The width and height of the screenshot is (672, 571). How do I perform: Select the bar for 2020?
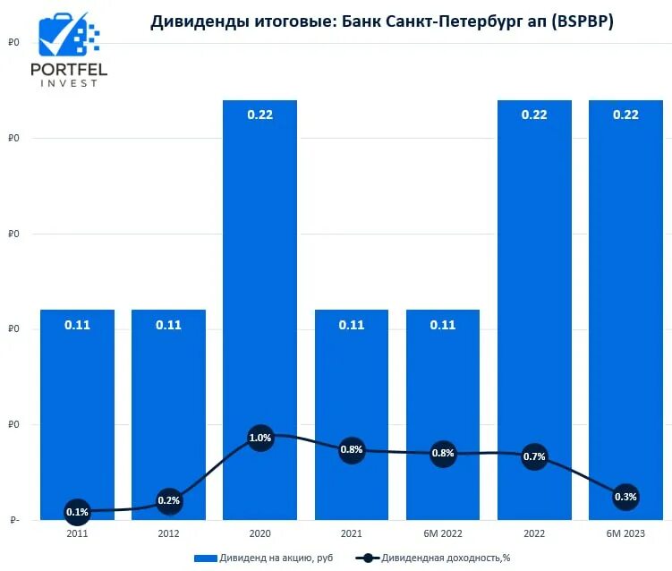click(259, 268)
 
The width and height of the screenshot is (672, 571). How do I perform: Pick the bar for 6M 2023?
click(625, 268)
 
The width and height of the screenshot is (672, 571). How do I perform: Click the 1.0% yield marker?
click(259, 439)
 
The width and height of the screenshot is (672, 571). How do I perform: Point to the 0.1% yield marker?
click(77, 512)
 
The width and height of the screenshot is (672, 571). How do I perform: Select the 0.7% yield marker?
click(534, 456)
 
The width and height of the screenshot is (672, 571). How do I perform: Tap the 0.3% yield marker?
click(625, 497)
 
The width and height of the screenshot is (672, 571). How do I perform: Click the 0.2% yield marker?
click(168, 501)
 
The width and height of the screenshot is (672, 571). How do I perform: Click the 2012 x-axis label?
click(168, 534)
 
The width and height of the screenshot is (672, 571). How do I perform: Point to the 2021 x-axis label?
click(351, 534)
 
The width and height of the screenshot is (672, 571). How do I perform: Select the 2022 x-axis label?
click(534, 534)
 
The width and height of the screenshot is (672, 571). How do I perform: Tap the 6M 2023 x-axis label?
click(625, 534)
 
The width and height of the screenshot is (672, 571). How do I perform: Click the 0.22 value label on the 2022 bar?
click(534, 115)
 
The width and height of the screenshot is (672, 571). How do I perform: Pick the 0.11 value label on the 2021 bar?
click(351, 325)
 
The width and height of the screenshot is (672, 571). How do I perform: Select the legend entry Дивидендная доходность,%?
click(434, 558)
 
